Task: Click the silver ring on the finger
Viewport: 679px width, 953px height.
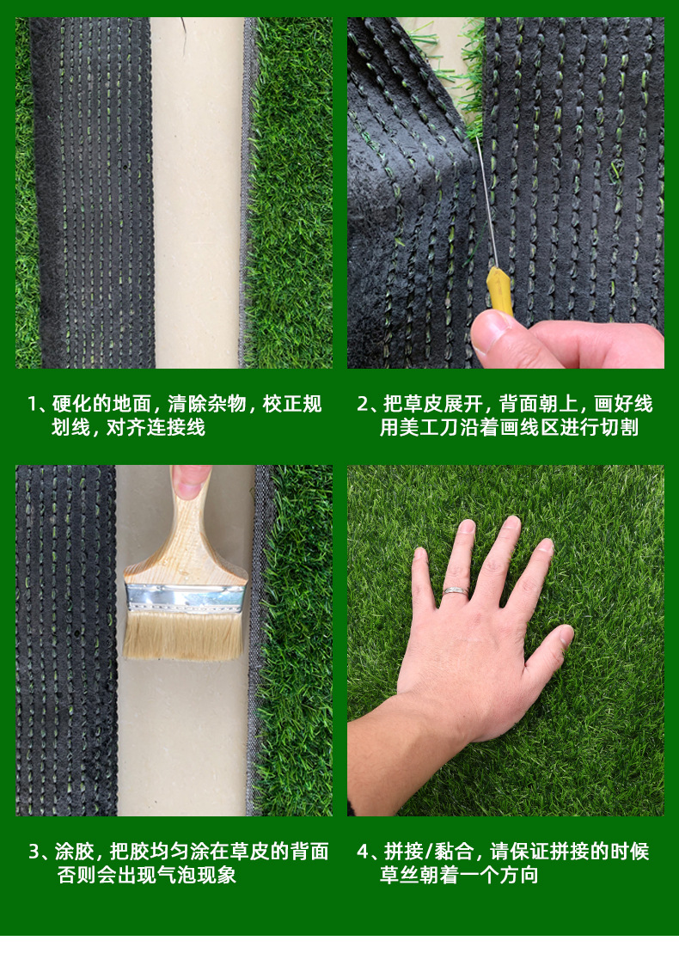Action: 456,592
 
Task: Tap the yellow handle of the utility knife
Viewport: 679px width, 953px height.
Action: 499,290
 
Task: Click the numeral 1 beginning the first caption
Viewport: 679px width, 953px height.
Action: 34,404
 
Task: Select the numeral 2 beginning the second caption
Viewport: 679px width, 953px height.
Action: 363,404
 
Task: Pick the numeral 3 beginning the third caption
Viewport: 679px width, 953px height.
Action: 34,852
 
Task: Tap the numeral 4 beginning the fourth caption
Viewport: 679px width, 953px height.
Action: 363,852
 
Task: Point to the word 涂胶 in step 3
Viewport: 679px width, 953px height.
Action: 74,852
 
